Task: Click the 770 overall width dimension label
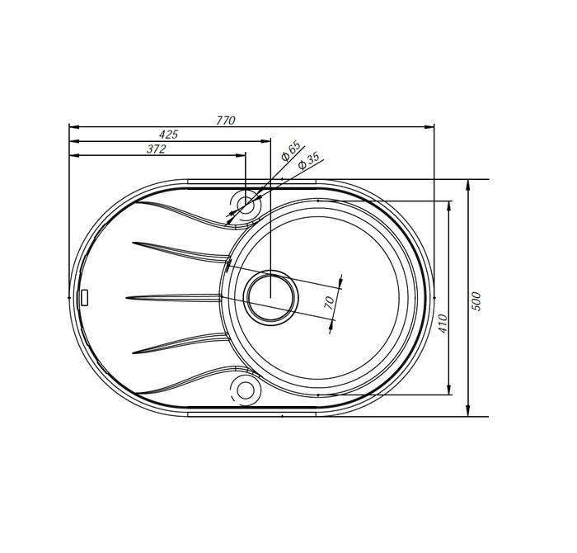(225, 121)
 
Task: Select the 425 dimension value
(168, 134)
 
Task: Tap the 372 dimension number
(157, 149)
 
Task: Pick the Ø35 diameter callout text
(308, 161)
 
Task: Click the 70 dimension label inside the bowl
(330, 302)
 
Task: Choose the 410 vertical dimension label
(443, 324)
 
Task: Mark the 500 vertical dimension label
(476, 301)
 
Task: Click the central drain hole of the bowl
(270, 298)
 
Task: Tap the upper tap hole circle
(246, 205)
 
